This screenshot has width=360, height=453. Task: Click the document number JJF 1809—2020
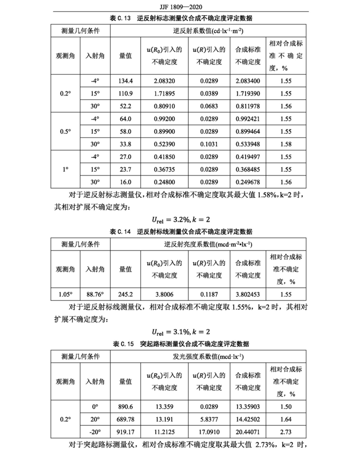click(x=180, y=8)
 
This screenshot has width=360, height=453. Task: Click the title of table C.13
click(x=180, y=18)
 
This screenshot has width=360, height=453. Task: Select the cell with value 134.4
click(x=125, y=81)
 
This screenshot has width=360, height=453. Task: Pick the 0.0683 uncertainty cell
click(x=209, y=106)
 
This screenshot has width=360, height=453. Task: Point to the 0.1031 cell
click(x=209, y=143)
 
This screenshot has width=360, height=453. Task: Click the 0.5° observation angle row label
click(x=65, y=131)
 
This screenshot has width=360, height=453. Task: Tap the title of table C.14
click(x=180, y=231)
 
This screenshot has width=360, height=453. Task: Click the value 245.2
click(x=125, y=293)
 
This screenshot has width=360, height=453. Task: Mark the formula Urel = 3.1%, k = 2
click(x=180, y=332)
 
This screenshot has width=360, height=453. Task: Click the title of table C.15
click(x=180, y=344)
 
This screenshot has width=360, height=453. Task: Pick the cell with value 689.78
click(x=125, y=419)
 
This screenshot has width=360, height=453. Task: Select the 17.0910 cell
click(x=209, y=432)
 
